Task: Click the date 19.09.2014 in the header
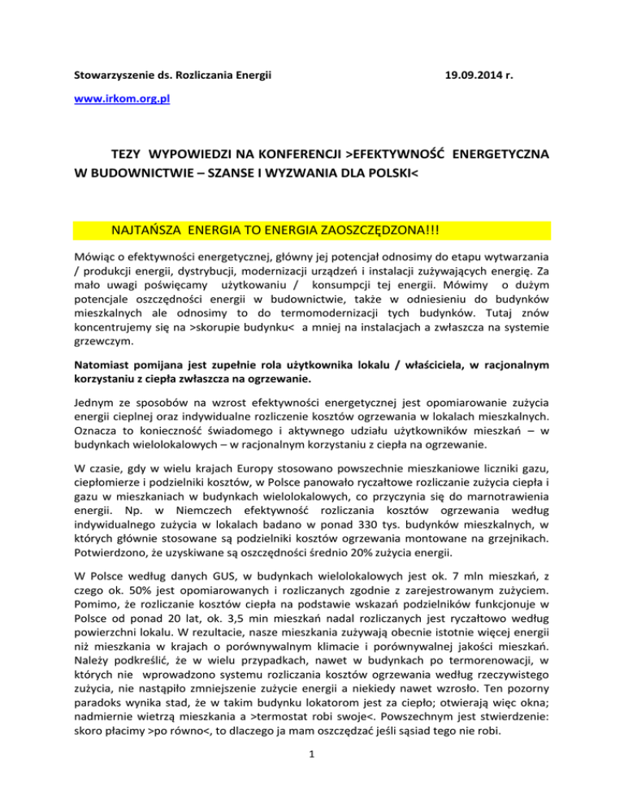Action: click(480, 76)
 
